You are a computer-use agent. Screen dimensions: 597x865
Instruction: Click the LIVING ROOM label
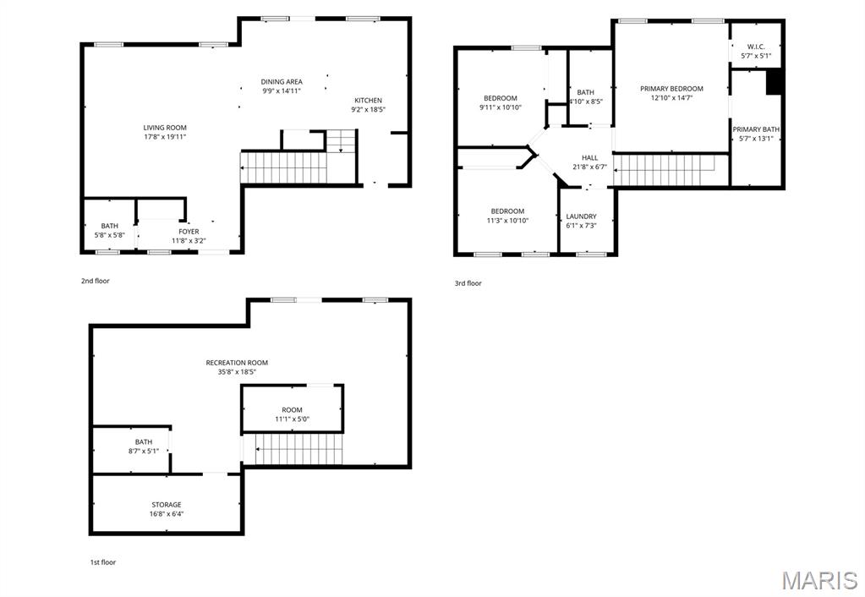(x=165, y=128)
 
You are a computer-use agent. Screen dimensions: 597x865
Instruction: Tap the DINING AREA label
(x=282, y=82)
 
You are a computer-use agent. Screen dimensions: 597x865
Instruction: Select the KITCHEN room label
(x=368, y=101)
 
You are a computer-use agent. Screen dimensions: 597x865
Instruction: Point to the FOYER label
(x=189, y=232)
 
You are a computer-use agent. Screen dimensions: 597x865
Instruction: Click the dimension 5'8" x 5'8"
(x=110, y=235)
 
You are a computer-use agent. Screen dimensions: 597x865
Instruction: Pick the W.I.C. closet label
(x=755, y=47)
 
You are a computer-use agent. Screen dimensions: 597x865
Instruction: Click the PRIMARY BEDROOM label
(x=671, y=89)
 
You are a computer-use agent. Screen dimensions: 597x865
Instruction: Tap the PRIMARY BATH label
(x=756, y=129)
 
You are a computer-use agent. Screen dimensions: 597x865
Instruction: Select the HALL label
(x=589, y=157)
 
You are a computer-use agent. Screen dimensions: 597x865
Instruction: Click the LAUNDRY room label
(x=581, y=216)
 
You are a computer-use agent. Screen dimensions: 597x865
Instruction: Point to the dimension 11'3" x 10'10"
(x=507, y=221)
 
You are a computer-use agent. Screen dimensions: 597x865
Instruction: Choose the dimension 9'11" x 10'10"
(x=501, y=107)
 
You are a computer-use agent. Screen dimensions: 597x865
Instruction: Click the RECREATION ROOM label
(x=237, y=363)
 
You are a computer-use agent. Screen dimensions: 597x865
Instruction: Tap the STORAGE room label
(x=167, y=505)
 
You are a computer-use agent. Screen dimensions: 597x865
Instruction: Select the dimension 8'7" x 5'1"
(x=144, y=451)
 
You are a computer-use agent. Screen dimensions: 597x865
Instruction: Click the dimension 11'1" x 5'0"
(x=292, y=419)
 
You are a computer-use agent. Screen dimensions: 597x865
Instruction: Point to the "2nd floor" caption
(x=96, y=281)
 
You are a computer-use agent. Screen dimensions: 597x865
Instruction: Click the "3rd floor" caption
(x=468, y=283)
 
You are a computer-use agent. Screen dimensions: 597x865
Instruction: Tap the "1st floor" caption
(x=103, y=561)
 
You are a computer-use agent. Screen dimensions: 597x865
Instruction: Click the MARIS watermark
(x=818, y=580)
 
